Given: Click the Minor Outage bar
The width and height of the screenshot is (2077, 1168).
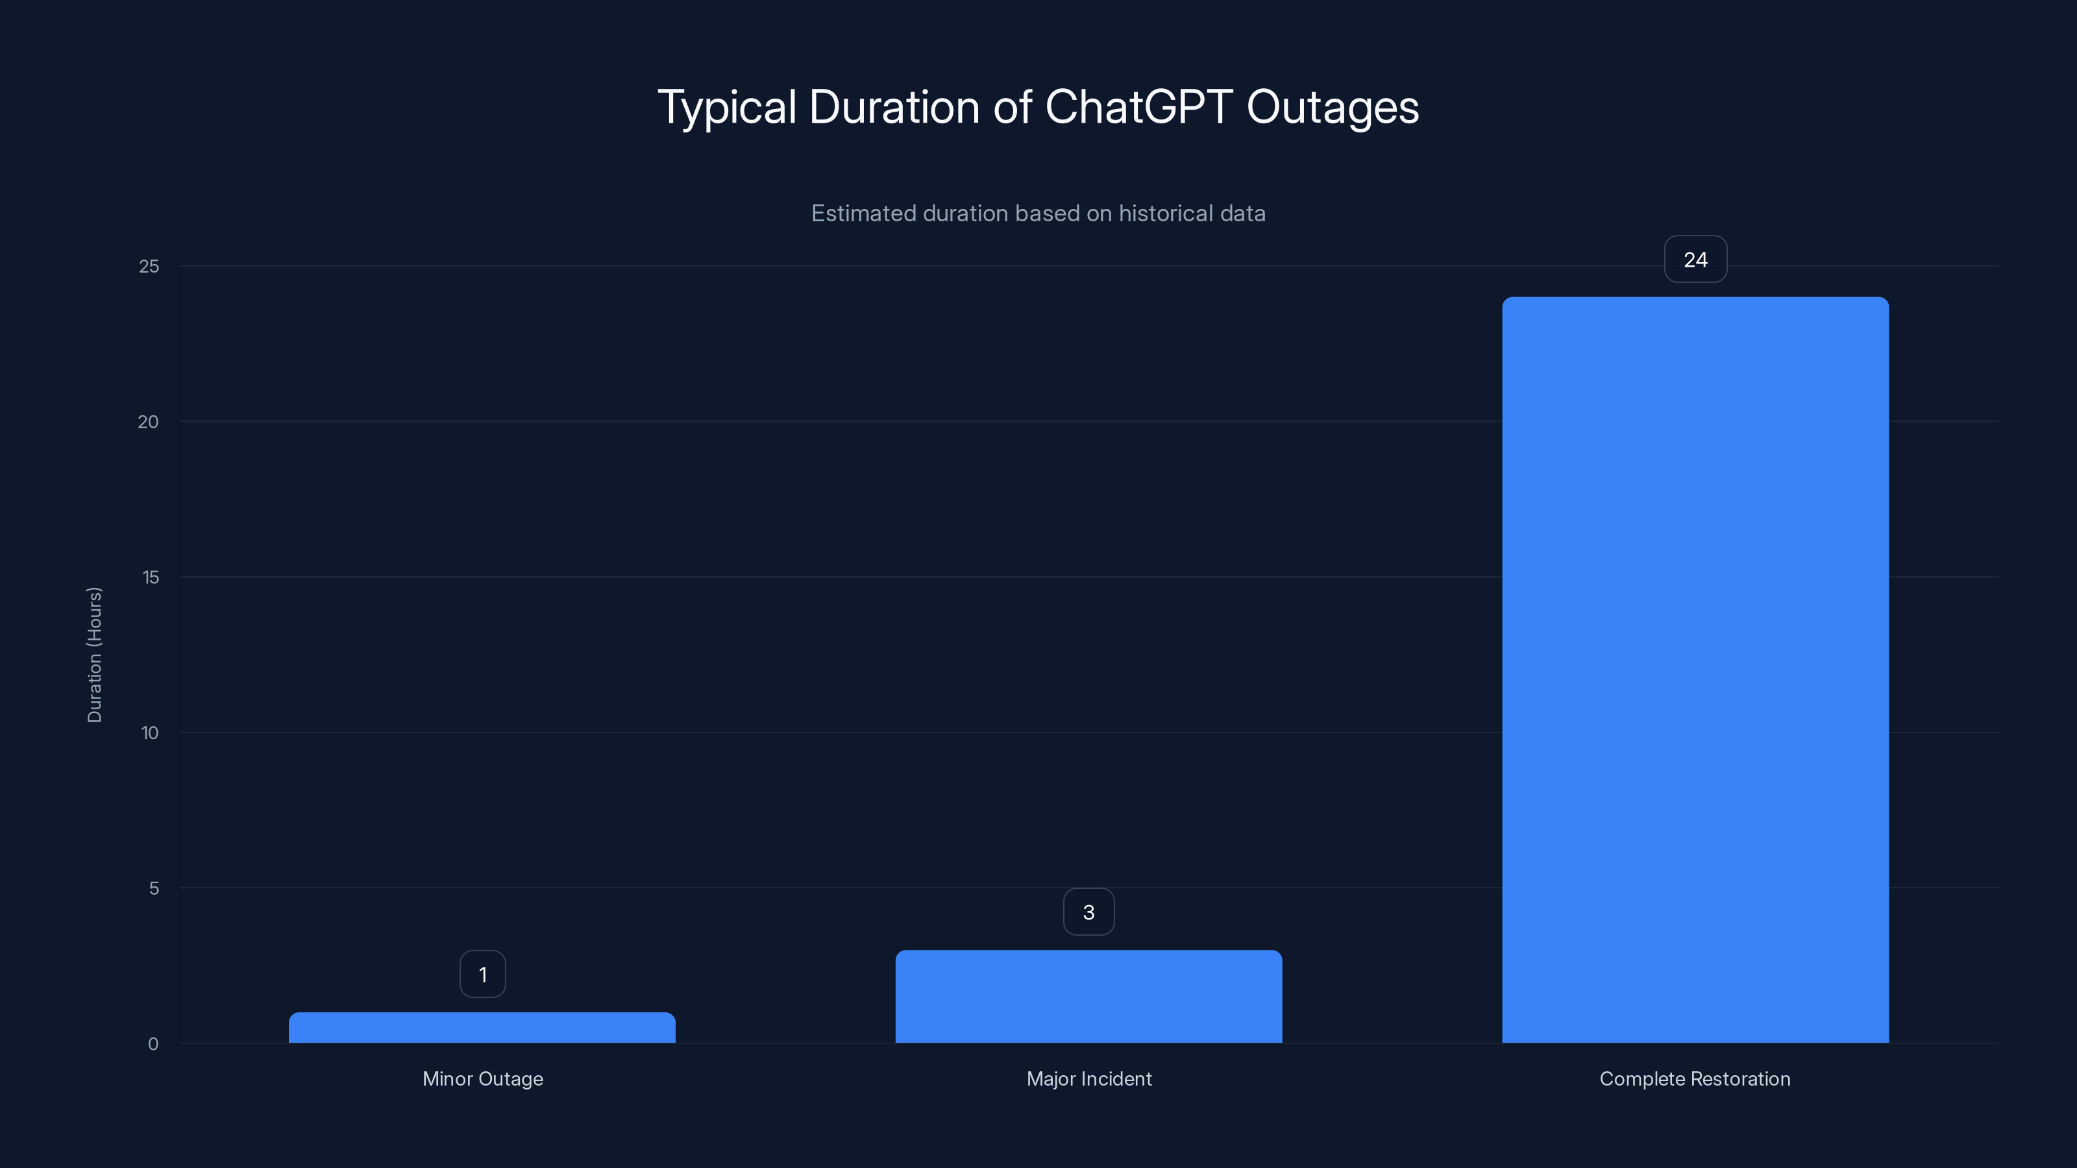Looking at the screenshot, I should tap(482, 1028).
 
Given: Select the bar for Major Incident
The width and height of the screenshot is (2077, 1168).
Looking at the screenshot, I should tap(1088, 997).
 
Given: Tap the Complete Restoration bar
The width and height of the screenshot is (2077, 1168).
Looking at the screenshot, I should tap(1695, 670).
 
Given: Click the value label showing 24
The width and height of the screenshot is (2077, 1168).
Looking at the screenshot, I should tap(1695, 260).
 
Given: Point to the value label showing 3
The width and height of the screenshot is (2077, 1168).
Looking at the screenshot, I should tap(1088, 912).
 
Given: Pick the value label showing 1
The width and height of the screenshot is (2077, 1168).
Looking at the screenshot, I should tap(482, 975).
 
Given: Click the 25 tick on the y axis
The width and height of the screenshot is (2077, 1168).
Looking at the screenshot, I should tap(149, 267).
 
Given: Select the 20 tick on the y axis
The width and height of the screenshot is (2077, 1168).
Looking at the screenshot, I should tap(149, 422).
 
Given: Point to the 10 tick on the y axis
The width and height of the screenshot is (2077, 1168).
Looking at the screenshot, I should tap(150, 733).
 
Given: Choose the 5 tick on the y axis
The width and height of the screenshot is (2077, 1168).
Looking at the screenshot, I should tap(154, 889).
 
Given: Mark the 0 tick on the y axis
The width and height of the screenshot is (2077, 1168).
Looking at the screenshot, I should tap(153, 1045).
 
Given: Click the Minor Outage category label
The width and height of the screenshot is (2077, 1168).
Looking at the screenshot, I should tap(482, 1079).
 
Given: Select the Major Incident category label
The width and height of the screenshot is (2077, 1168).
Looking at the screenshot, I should tap(1088, 1079).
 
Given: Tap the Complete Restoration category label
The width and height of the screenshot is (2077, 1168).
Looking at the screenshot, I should tap(1695, 1079).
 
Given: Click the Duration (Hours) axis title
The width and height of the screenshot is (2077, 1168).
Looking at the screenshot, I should tap(94, 655).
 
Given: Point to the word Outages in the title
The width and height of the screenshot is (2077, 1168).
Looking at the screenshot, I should tap(1333, 107).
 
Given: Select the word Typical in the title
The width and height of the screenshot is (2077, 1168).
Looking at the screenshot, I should tap(727, 107).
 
